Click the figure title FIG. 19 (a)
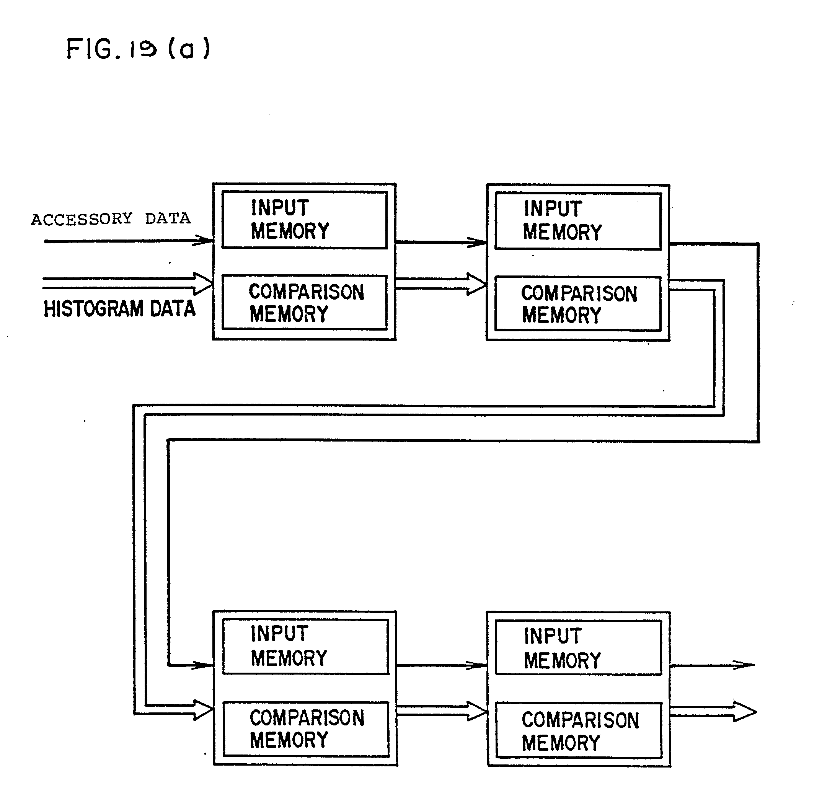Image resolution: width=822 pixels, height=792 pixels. pyautogui.click(x=138, y=49)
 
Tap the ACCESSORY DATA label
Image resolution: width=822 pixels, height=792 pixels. pyautogui.click(x=111, y=219)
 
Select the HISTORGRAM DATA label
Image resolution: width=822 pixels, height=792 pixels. pyautogui.click(x=119, y=309)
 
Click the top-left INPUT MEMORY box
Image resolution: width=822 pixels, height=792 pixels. pyautogui.click(x=304, y=220)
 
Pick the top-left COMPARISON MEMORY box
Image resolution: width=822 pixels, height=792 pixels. pyautogui.click(x=304, y=302)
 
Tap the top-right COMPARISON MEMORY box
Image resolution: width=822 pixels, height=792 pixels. pyautogui.click(x=577, y=303)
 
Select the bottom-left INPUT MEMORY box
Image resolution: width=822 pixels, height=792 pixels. pyautogui.click(x=305, y=647)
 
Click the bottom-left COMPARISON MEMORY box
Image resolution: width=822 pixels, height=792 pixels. pyautogui.click(x=306, y=729)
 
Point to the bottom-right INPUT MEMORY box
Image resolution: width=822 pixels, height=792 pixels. pyautogui.click(x=578, y=648)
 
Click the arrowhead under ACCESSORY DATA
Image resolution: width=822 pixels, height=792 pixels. pyautogui.click(x=204, y=241)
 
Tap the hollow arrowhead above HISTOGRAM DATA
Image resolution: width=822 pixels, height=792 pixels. pyautogui.click(x=202, y=284)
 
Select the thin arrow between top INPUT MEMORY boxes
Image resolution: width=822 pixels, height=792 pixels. pyautogui.click(x=440, y=242)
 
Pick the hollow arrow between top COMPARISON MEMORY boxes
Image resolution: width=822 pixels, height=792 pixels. pyautogui.click(x=440, y=284)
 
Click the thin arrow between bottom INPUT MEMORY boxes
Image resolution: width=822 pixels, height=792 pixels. pyautogui.click(x=441, y=665)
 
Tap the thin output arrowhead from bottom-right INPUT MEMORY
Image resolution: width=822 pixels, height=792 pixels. pyautogui.click(x=744, y=665)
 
